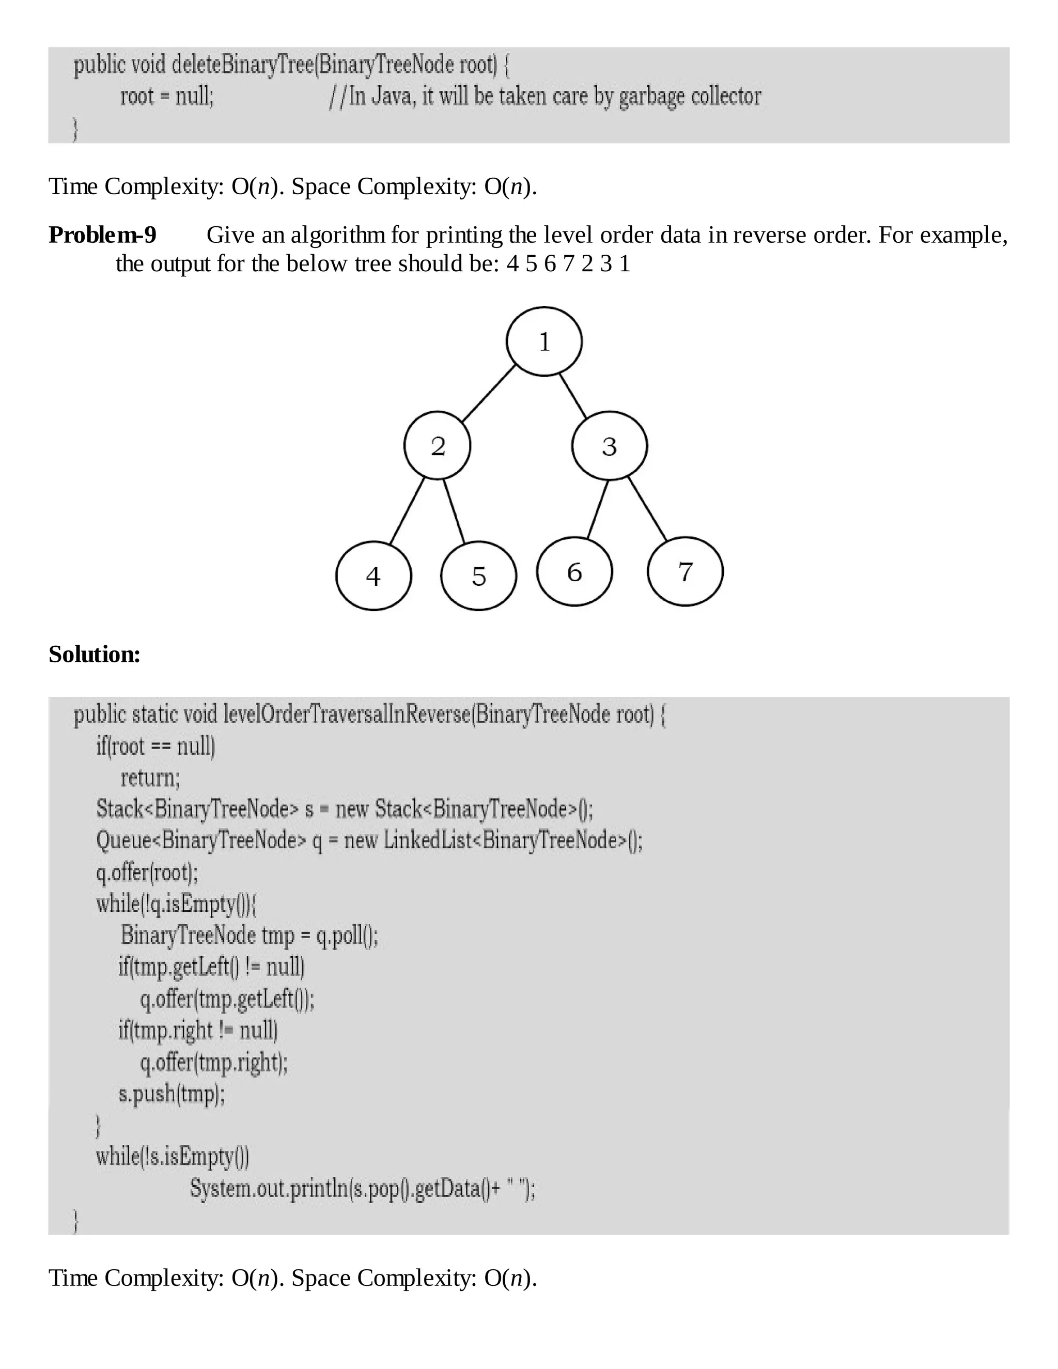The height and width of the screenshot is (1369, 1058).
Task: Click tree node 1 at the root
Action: [544, 341]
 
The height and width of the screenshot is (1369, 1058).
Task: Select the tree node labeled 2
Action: [438, 446]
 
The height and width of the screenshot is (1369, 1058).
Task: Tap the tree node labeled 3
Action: [609, 446]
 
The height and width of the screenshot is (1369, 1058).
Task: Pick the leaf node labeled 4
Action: [374, 575]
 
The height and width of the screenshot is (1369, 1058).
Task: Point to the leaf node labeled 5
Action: [479, 575]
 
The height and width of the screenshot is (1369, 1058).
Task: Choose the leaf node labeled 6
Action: [574, 572]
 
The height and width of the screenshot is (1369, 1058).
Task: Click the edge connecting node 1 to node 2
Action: [489, 393]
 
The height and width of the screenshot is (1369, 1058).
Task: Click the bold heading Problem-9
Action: [103, 235]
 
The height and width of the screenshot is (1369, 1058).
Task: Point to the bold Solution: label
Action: [95, 655]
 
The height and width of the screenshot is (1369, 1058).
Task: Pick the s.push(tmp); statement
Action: [171, 1093]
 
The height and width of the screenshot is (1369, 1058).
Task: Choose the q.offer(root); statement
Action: [147, 872]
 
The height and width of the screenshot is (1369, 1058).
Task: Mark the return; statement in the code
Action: [150, 778]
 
